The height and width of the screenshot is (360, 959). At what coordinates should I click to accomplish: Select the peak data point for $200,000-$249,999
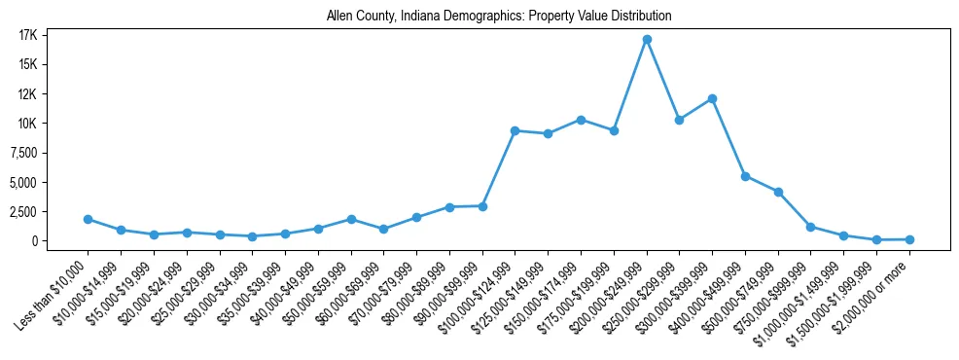click(647, 40)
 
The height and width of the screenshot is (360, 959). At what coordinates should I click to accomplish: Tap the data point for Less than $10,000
click(88, 219)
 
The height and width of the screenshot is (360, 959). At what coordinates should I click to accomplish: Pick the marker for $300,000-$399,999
click(713, 98)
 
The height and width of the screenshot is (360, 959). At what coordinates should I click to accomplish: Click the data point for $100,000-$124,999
click(515, 130)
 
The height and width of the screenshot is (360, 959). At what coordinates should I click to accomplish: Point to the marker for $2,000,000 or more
click(909, 239)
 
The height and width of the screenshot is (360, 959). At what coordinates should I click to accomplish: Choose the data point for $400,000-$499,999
click(745, 176)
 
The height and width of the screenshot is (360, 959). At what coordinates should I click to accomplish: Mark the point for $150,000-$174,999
click(581, 120)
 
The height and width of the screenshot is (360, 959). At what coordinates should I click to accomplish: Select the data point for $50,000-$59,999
click(351, 219)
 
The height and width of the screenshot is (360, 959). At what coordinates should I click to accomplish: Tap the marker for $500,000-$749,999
click(778, 192)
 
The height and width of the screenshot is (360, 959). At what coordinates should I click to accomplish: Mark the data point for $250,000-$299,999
click(680, 120)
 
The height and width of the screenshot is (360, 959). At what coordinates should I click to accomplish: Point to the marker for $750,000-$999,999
click(811, 227)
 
